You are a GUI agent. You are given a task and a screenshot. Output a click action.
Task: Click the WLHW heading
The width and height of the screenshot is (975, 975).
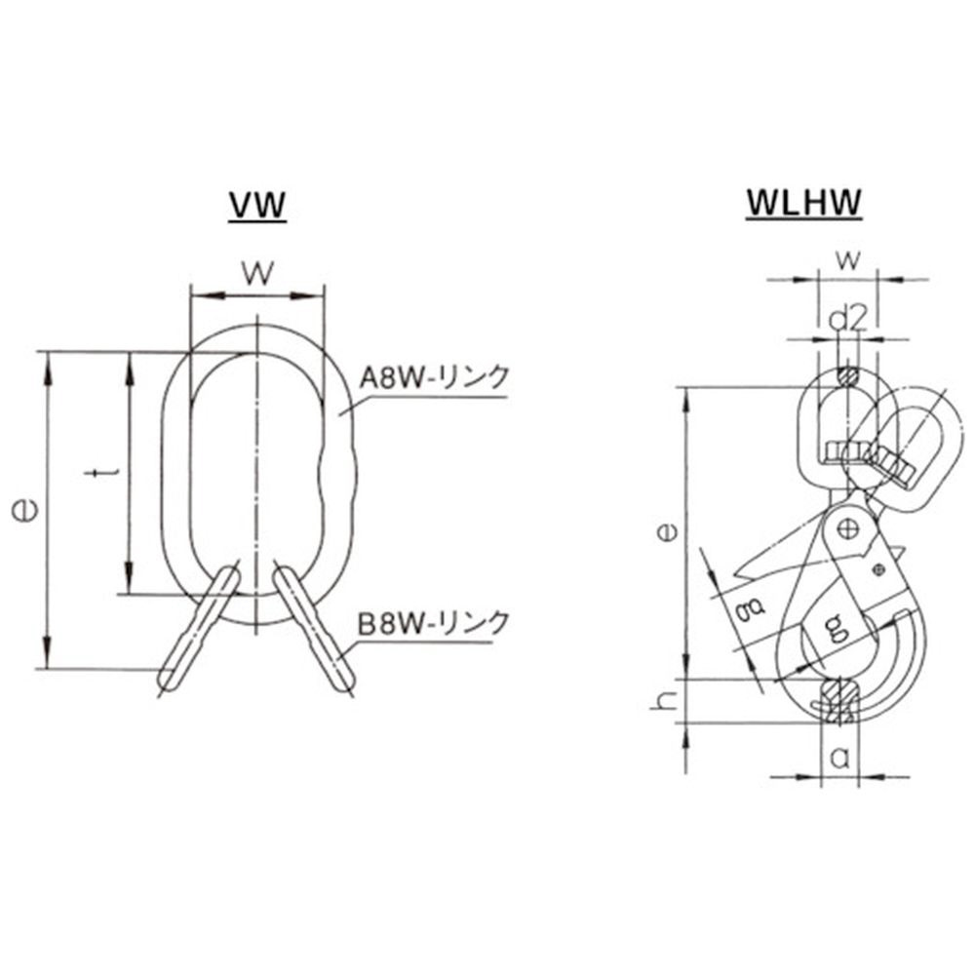804,203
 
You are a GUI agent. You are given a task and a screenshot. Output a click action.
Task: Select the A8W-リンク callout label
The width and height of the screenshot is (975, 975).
435,377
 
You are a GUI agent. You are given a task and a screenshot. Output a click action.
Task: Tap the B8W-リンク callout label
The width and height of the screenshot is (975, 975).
434,623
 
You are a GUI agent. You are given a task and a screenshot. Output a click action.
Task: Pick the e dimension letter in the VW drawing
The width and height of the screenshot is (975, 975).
26,510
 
